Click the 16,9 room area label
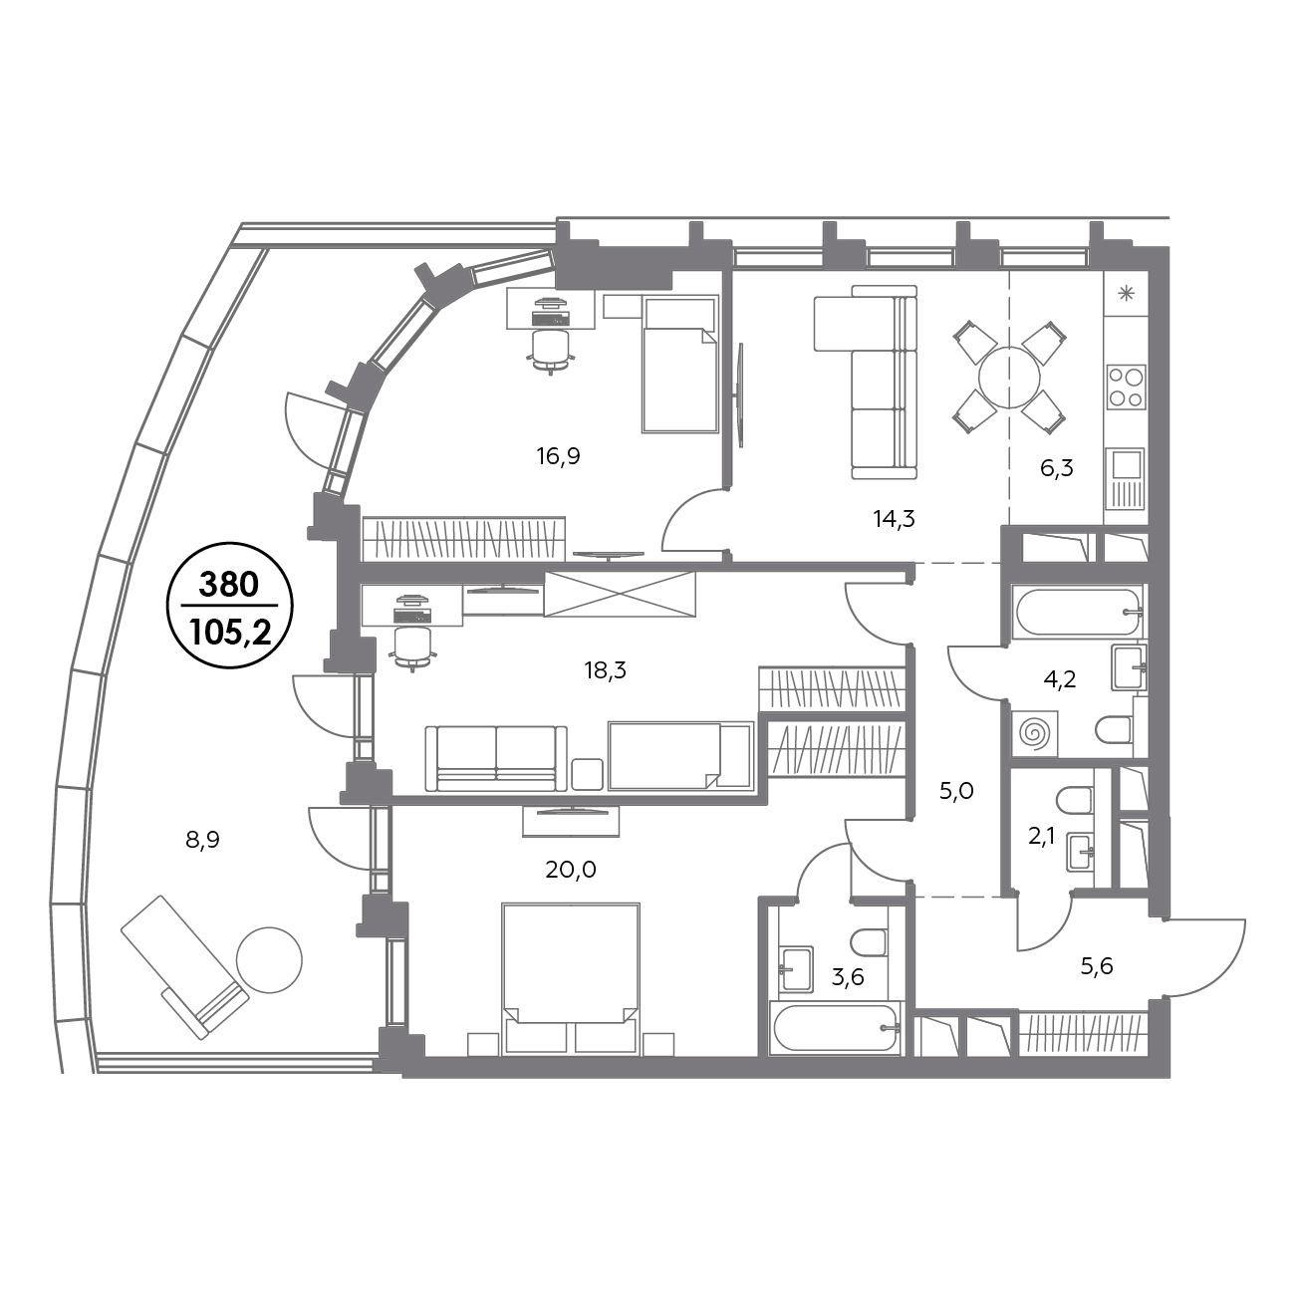[558, 457]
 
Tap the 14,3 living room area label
[894, 519]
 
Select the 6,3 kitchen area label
[1057, 468]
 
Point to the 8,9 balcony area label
[203, 840]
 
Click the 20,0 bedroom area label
[571, 871]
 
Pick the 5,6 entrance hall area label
[1097, 966]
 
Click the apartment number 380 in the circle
[228, 585]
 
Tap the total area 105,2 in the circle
[230, 633]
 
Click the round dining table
[1009, 378]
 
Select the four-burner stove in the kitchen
[1126, 388]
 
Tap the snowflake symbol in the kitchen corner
[1126, 293]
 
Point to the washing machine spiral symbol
[1034, 734]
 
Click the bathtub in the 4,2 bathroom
[1079, 613]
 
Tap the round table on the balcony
[270, 960]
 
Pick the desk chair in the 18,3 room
[411, 648]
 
